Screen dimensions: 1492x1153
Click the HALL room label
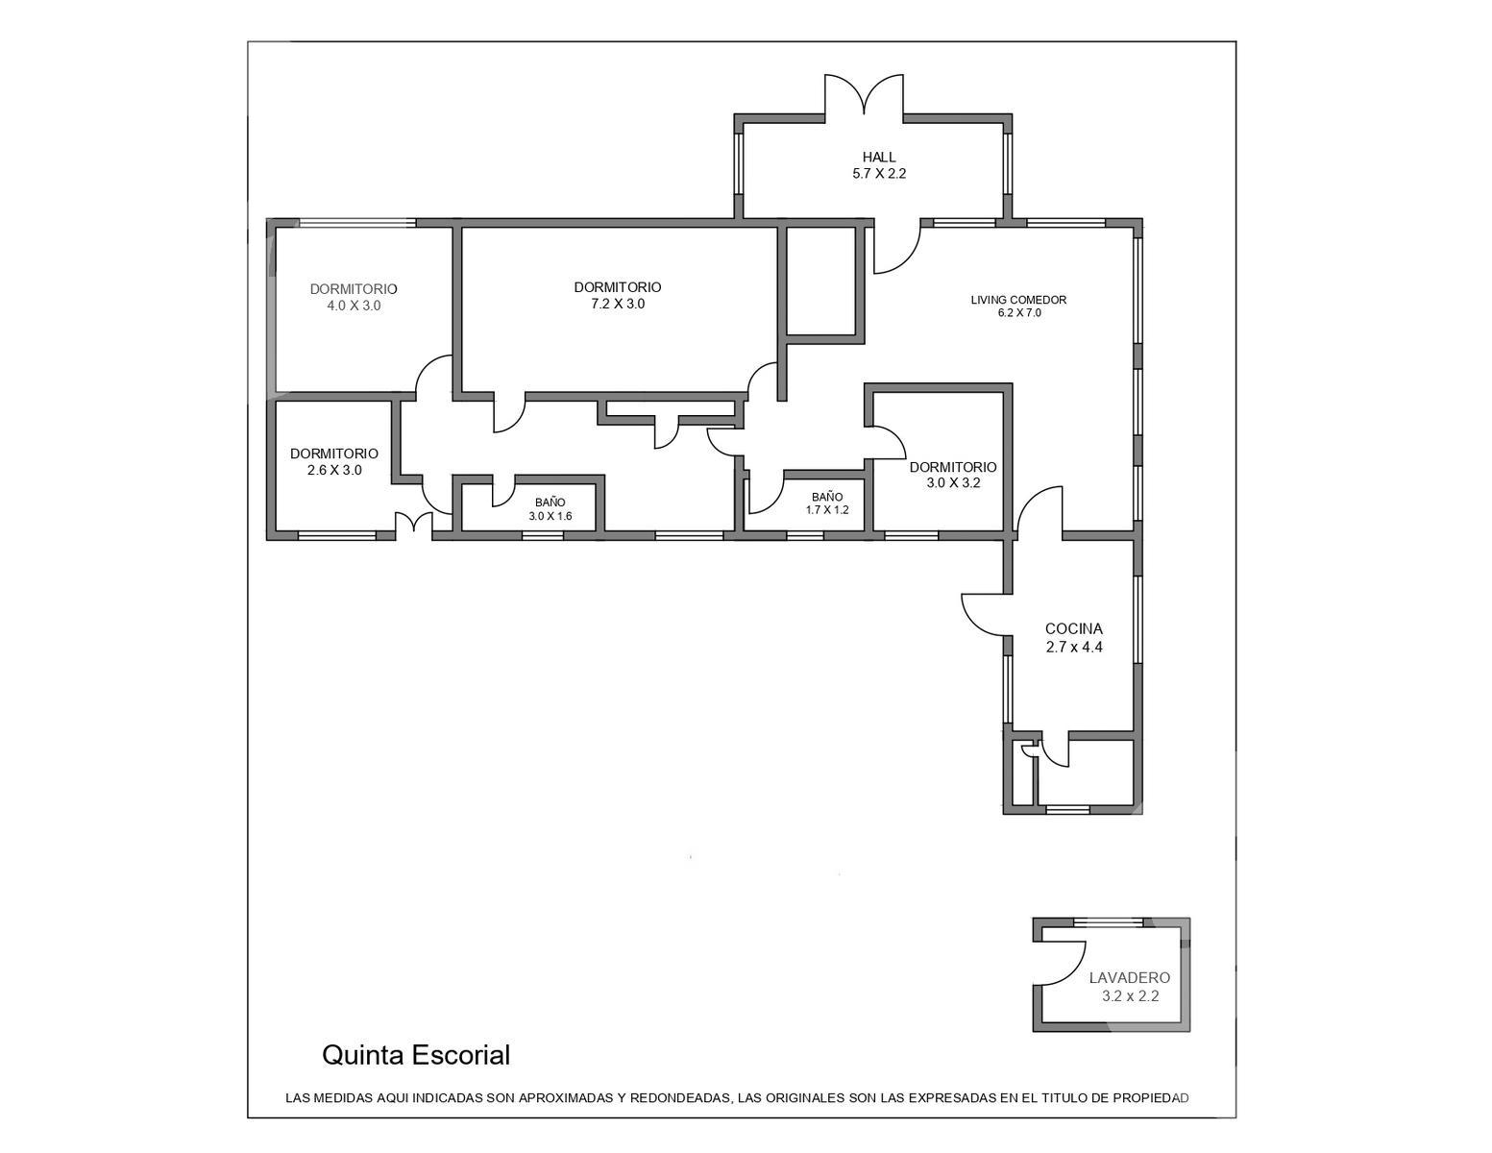[879, 158]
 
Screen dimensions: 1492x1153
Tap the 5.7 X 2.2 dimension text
[879, 174]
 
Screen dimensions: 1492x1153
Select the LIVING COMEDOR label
[1018, 300]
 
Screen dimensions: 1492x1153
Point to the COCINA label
[1074, 628]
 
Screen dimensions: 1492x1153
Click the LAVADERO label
[1130, 977]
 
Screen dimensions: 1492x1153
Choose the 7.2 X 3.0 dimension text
[617, 304]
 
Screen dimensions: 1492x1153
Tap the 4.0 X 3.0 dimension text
[354, 306]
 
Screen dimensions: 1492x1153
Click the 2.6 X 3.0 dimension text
[334, 471]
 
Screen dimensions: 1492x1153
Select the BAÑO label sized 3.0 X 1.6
[550, 503]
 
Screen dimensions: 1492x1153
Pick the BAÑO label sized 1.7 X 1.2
[826, 497]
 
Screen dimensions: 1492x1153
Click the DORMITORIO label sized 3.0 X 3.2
[953, 467]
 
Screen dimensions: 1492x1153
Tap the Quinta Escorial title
[416, 1055]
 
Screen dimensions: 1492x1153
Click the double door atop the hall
[864, 96]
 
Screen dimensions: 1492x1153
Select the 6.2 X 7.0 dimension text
[1019, 313]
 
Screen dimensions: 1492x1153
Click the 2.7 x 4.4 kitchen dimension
[1074, 647]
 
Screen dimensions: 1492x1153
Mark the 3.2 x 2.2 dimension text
[1130, 995]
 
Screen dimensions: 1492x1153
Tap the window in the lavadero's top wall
[1108, 921]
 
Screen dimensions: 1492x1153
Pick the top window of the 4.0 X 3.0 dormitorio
[357, 223]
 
